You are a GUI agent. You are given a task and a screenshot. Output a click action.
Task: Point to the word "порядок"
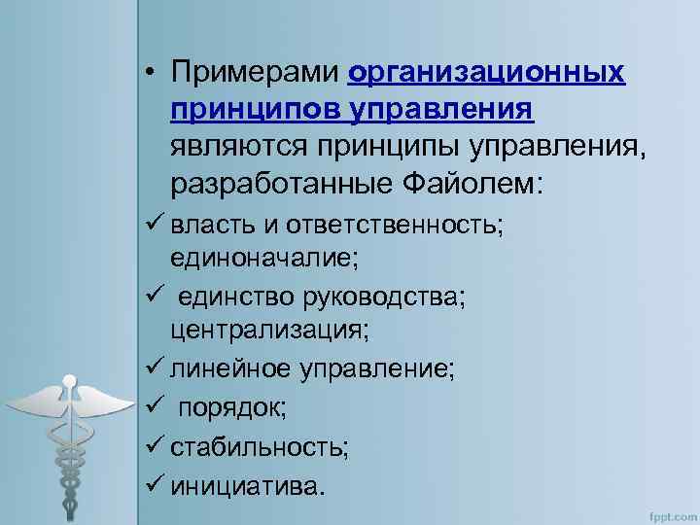point(231,407)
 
